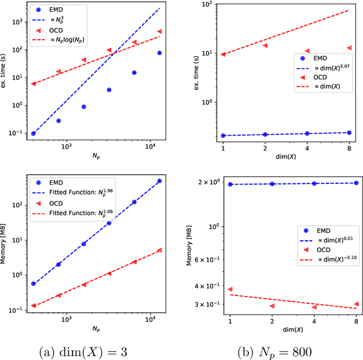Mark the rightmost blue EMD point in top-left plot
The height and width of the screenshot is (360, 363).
point(159,53)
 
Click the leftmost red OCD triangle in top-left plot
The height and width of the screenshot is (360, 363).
point(33,83)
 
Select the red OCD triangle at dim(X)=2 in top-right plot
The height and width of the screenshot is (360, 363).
point(265,45)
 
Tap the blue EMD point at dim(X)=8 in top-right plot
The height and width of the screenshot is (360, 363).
point(349,132)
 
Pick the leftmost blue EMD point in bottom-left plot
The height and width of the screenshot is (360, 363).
point(33,283)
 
